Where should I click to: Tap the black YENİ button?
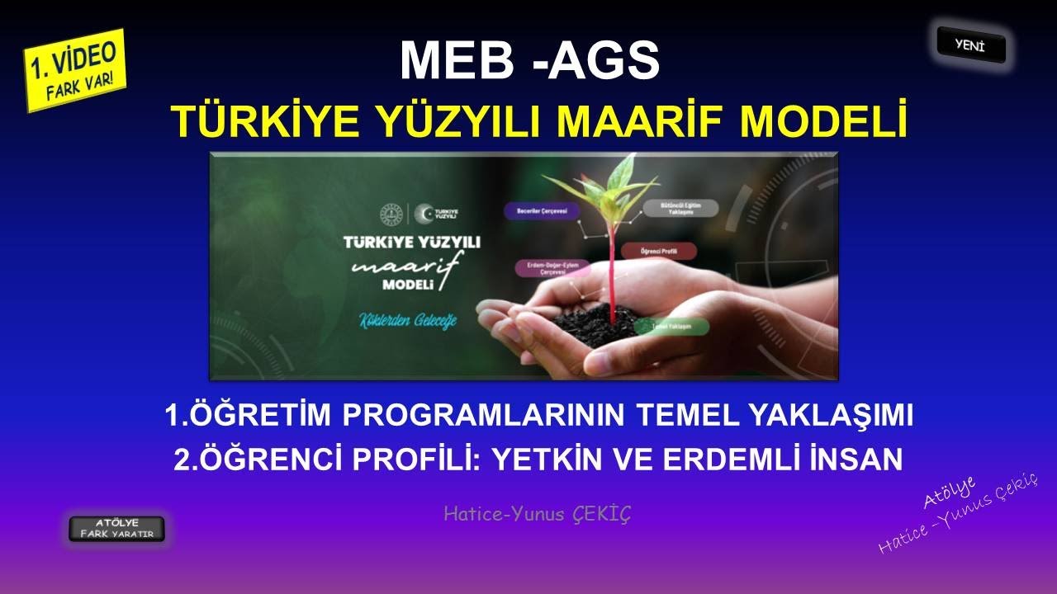[971, 45]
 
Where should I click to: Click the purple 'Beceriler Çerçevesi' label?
[542, 211]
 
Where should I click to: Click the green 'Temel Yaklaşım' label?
[671, 327]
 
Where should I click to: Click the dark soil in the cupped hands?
[600, 318]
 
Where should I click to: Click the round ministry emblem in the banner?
[391, 214]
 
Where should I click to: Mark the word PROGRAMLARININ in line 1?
[486, 416]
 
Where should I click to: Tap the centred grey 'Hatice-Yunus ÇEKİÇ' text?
[538, 515]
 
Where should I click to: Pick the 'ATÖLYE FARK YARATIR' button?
[116, 529]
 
